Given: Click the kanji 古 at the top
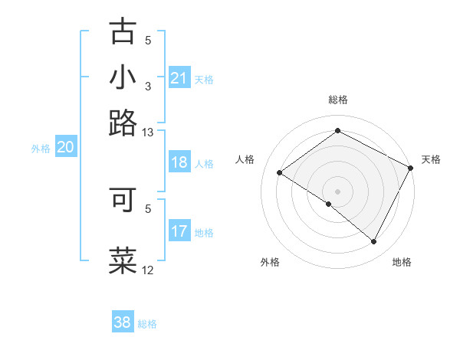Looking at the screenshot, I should [x=123, y=32].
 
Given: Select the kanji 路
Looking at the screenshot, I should [x=123, y=123].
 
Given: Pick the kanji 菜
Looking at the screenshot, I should [x=123, y=260].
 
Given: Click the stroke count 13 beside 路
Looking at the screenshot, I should [x=147, y=132].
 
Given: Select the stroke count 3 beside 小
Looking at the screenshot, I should [x=148, y=87].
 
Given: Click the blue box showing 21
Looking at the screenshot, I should [x=179, y=78].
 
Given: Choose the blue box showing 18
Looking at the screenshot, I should [x=179, y=162].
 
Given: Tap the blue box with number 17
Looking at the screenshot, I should [x=179, y=231].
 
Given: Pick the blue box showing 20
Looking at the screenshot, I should [x=65, y=148].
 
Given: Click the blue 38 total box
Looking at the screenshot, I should [x=123, y=322].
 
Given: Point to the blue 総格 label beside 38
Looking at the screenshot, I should [x=147, y=324].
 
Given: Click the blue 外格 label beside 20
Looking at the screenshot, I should [x=41, y=149].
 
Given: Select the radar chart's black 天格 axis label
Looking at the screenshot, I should [x=431, y=159].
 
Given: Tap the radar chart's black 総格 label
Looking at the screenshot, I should [x=337, y=100].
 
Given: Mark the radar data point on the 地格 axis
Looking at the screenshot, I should [x=374, y=241].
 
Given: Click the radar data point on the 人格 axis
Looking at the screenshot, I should [x=280, y=172].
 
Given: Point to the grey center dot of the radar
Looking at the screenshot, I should [x=337, y=191].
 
